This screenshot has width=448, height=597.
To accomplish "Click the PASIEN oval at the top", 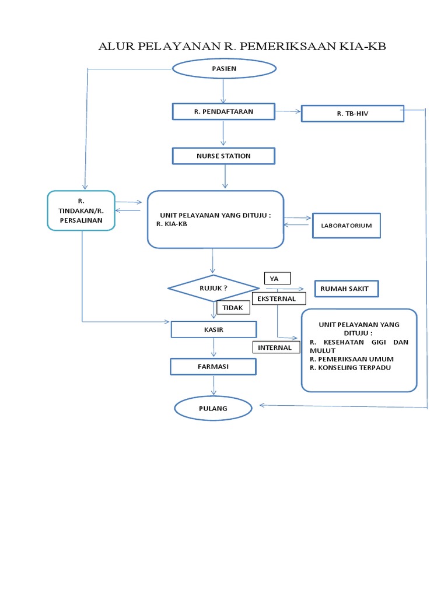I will coord(223,68).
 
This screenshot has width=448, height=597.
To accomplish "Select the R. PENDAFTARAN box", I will coord(223,111).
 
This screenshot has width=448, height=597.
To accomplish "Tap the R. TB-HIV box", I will coord(352,114).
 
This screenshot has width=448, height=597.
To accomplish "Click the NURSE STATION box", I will coord(223,156).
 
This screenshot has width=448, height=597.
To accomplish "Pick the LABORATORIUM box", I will coord(346,226).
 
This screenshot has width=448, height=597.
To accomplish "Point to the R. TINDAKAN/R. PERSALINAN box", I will coord(82,211).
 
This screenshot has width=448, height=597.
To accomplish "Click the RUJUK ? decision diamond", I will coord(213,287).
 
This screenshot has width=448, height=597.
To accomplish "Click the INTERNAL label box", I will coord(276,347).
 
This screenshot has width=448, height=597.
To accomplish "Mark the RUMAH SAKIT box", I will coord(346,288).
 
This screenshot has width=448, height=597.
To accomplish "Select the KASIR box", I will coord(213,329).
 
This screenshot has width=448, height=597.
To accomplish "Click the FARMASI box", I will coord(213,367).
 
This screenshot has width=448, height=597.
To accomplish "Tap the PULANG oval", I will coord(213,409).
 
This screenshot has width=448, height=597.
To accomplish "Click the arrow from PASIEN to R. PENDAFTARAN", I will coord(223,91).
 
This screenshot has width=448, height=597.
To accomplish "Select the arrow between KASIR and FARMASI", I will coord(214,348).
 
